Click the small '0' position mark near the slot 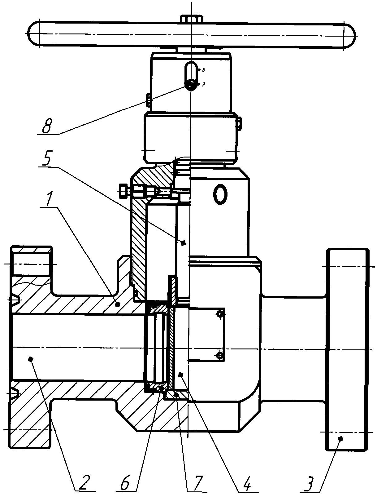[204, 70]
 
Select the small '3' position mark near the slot [203, 84]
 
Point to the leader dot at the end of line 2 [30, 359]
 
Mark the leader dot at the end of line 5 [183, 243]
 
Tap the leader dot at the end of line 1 [117, 304]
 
